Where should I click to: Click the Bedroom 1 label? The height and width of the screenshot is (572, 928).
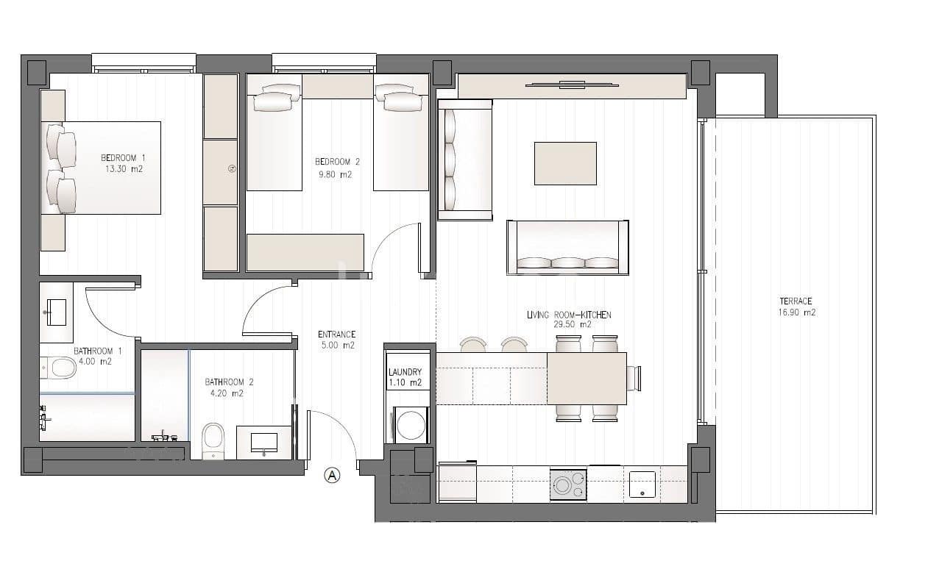pos(123,163)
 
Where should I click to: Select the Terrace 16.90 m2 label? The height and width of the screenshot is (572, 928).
pos(796,307)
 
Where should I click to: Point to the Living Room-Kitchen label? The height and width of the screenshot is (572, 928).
pos(569,319)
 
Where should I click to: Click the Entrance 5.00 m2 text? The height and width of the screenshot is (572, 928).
pos(336,340)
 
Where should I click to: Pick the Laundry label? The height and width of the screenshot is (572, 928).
pos(405,377)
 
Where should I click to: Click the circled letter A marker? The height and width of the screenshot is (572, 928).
pos(333,476)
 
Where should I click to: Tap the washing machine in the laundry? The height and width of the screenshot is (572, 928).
pos(411,425)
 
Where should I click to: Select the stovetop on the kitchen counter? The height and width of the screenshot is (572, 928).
pos(568,485)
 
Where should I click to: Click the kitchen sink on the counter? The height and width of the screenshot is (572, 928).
pos(642,484)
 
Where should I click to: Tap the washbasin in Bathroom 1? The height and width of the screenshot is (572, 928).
pos(56,312)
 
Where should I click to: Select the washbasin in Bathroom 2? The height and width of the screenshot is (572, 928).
pos(263,443)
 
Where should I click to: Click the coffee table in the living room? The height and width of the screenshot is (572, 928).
pos(565,163)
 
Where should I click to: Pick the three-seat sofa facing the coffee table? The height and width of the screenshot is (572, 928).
pos(567,248)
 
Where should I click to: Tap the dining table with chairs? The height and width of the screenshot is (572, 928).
pos(587,379)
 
